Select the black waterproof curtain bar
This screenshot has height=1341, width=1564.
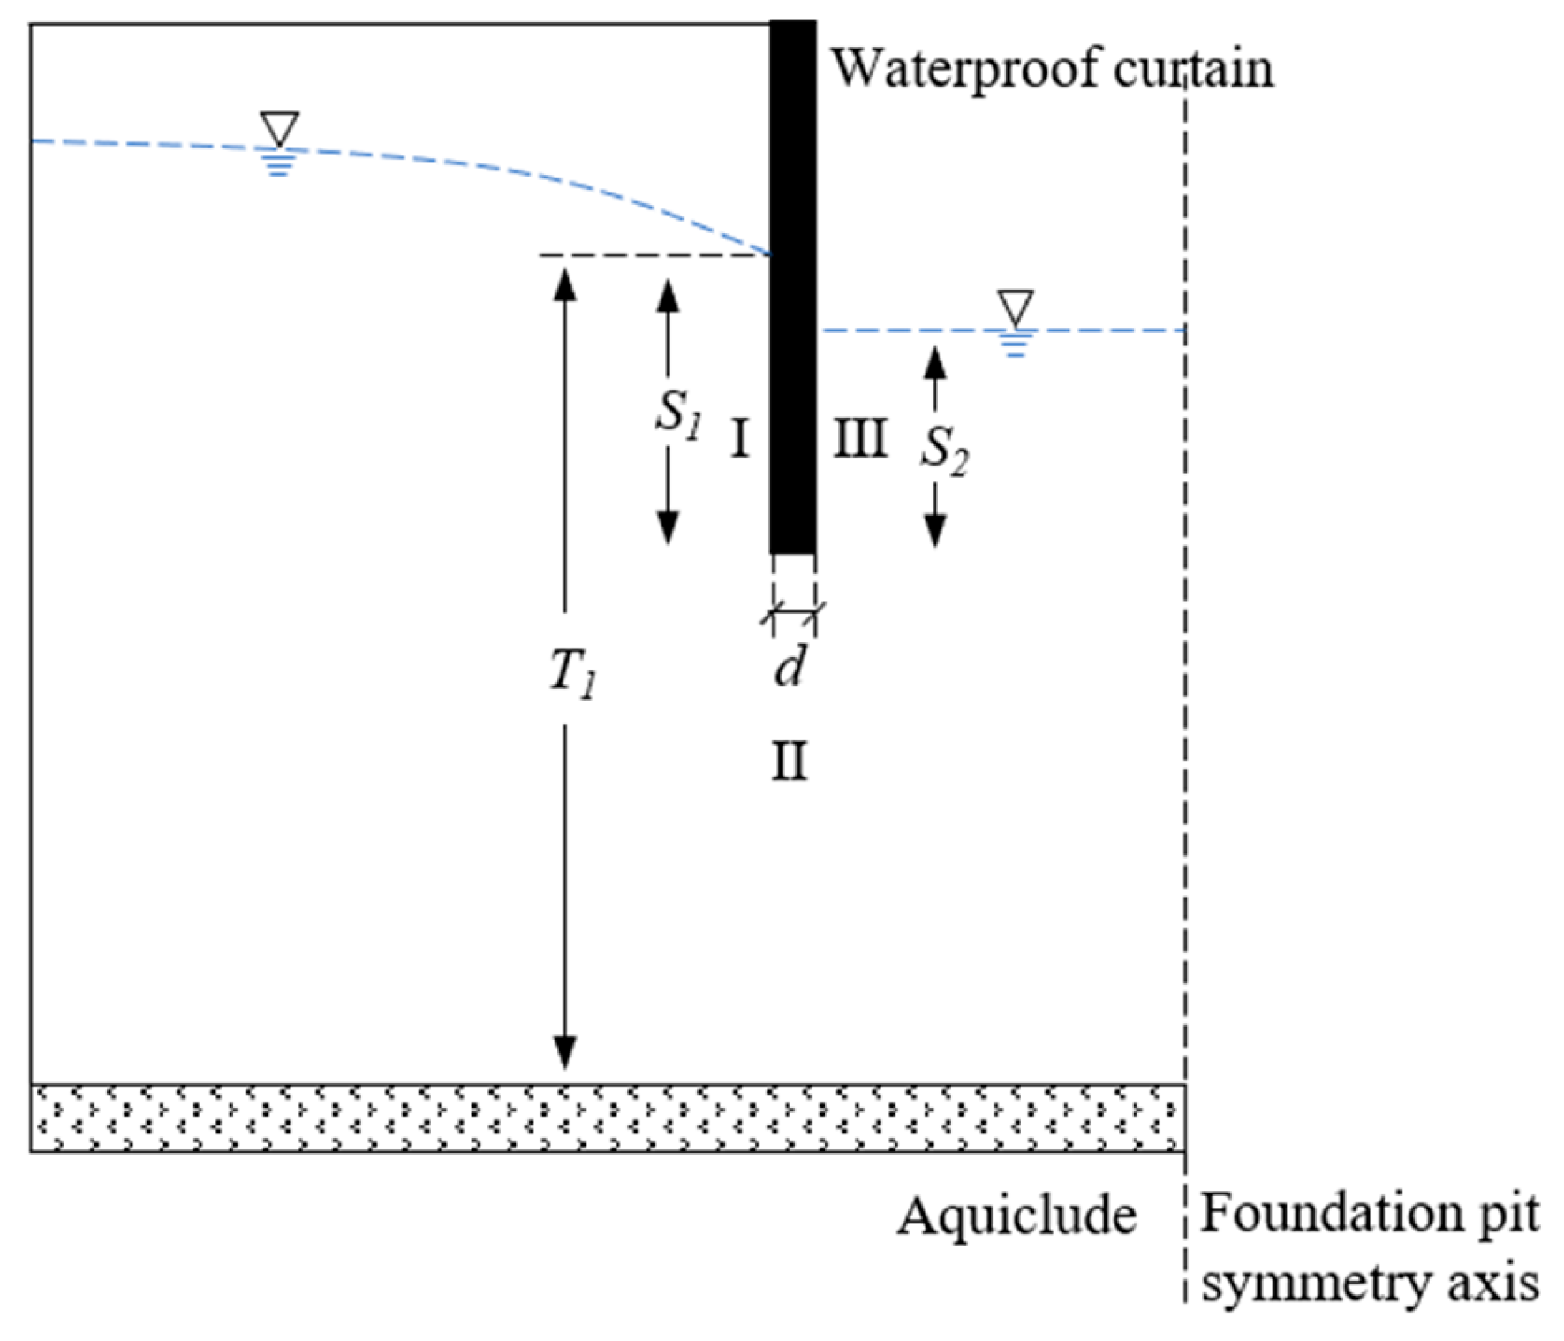pos(792,287)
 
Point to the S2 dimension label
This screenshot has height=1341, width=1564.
pos(943,451)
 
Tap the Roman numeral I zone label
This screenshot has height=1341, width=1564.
pos(740,438)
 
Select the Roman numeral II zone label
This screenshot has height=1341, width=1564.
pos(790,761)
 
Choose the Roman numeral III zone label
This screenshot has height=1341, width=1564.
pos(860,438)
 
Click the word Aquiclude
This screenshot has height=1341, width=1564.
pos(1016,1216)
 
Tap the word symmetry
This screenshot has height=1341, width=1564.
pos(1315,1284)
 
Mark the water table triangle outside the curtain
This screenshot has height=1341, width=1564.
pos(280,128)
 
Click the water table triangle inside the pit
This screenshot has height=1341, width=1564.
pos(1016,307)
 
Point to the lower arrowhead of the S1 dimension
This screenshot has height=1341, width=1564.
pos(669,527)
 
